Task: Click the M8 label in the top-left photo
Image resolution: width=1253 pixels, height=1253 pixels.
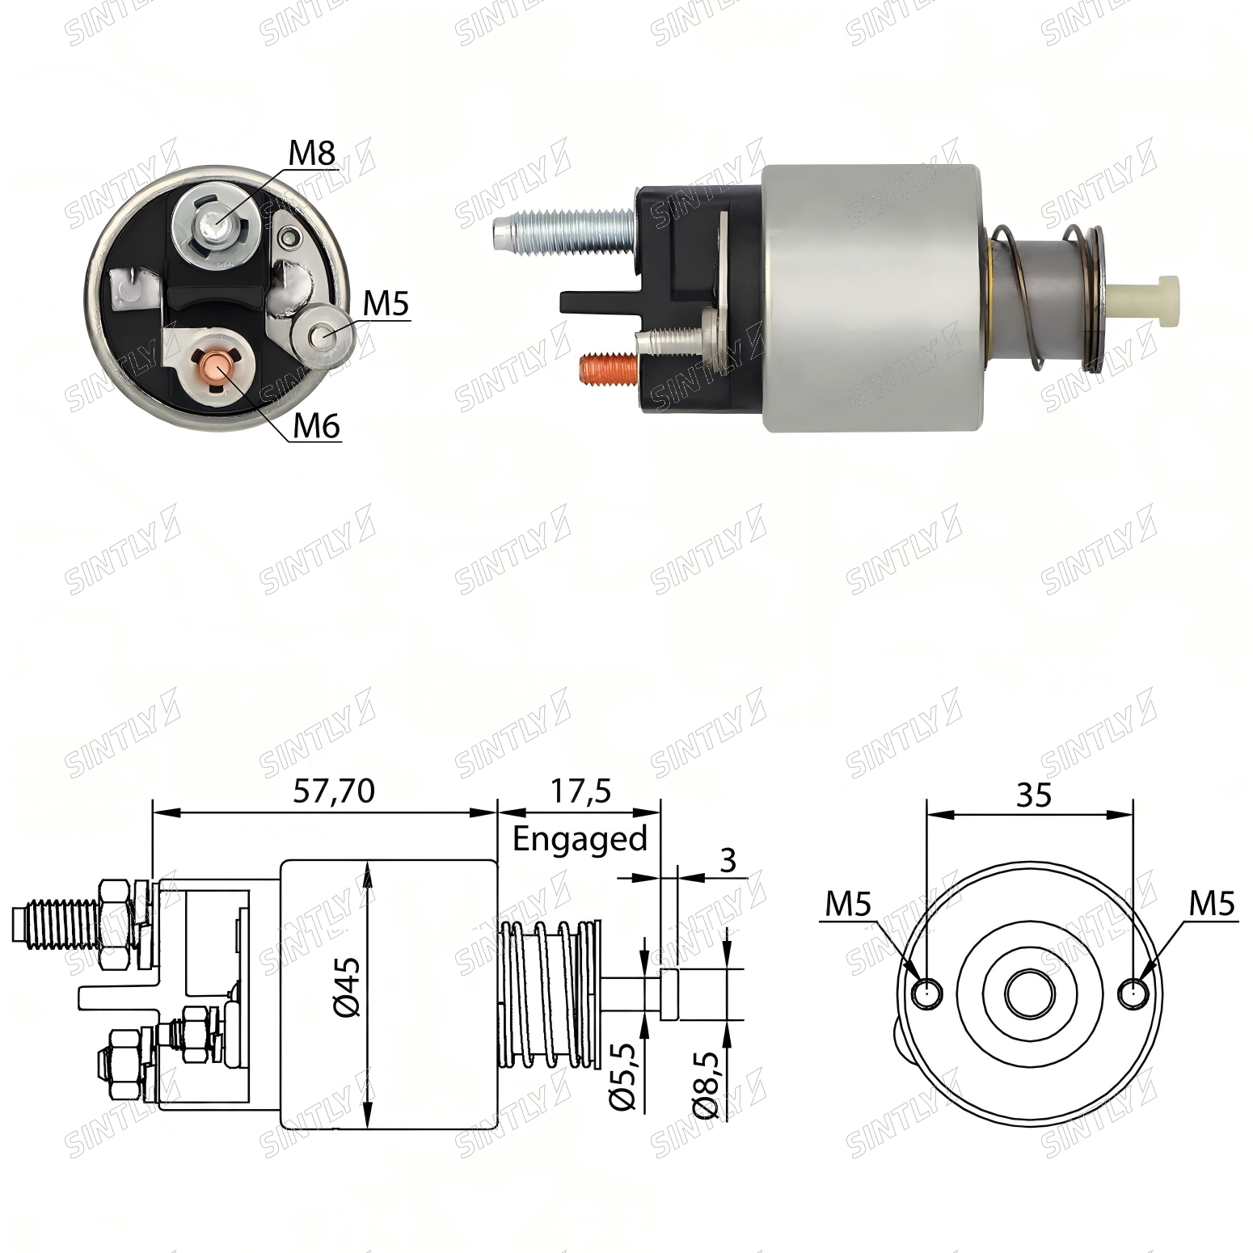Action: pos(312,153)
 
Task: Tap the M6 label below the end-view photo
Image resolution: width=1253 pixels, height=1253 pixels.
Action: pos(317,425)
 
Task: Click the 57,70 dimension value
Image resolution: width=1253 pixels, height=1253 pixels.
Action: pos(334,791)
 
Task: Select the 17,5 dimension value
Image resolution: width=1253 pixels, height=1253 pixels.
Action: pos(580,791)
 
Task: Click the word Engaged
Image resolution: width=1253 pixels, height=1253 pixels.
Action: pos(580,840)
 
